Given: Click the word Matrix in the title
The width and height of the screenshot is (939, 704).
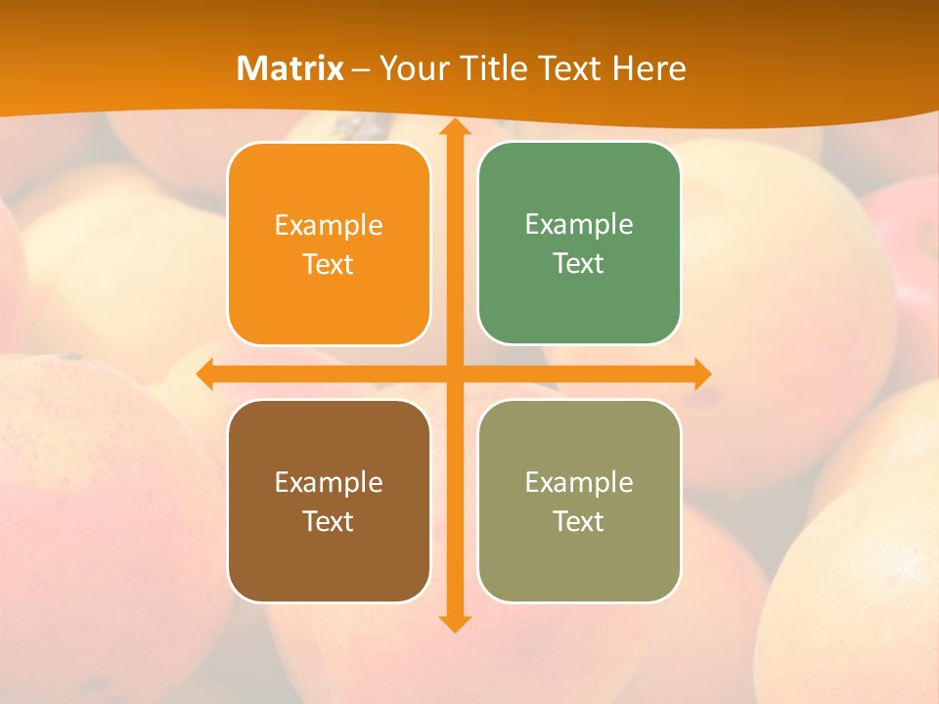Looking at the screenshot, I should click(x=291, y=68).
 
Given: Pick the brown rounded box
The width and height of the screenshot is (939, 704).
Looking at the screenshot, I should click(x=329, y=557).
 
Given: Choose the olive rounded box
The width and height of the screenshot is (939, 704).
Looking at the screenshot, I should click(x=579, y=557).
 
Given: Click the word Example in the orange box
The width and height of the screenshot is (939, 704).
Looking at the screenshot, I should click(x=329, y=225).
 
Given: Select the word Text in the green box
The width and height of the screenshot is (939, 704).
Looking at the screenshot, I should click(x=579, y=263).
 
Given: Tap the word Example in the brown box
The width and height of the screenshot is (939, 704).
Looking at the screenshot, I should click(x=329, y=482).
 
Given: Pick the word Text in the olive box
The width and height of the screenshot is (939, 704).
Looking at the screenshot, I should click(x=579, y=521).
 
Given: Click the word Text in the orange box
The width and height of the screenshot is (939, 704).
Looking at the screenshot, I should click(x=329, y=264).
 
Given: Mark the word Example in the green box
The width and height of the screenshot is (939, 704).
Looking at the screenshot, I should click(x=579, y=224).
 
